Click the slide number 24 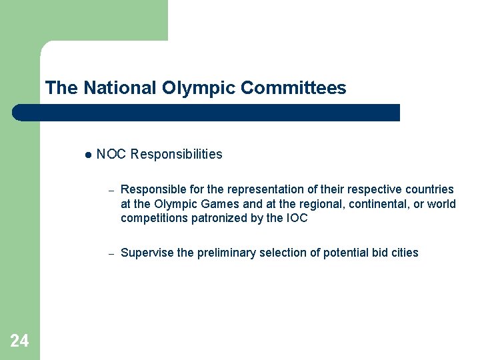coord(19,341)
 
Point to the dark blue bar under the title coord(207,113)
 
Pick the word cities coord(405,253)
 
